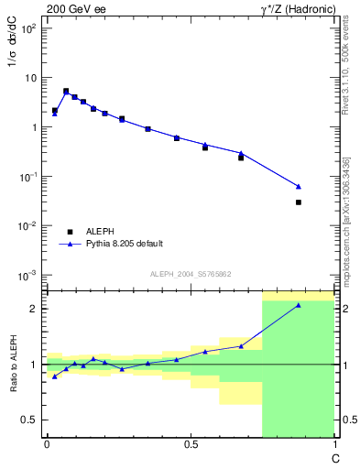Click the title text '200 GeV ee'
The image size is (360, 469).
coord(75,9)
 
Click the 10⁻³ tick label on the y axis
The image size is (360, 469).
coord(27,275)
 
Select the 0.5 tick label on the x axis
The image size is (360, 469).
coord(191,444)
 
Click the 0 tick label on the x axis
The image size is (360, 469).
coord(47,444)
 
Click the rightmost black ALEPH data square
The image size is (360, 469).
coord(299,202)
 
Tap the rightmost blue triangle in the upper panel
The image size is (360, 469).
coord(299,186)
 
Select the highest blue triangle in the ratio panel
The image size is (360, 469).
coord(299,305)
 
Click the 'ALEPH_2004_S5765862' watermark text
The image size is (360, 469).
coord(191,274)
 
